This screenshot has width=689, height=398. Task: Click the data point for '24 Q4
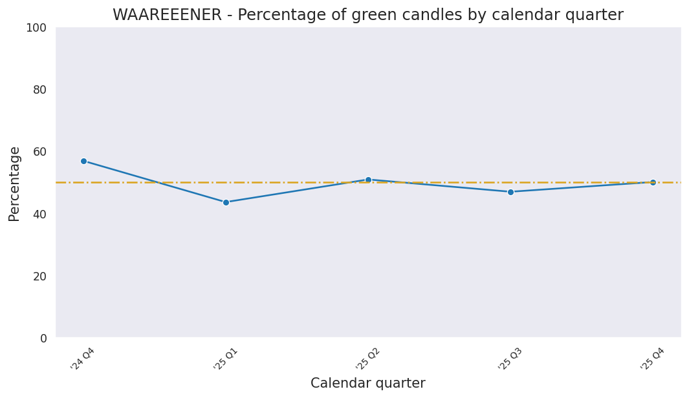tap(83, 161)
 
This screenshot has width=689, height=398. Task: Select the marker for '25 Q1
tap(226, 202)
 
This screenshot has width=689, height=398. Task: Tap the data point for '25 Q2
tap(368, 180)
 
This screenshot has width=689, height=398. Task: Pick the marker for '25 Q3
tap(510, 192)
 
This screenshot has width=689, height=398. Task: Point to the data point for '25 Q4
tap(653, 182)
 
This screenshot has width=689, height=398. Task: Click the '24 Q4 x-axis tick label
tap(83, 359)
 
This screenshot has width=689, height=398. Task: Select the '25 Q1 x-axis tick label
tap(226, 359)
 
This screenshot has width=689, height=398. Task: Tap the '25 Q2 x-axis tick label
tap(368, 359)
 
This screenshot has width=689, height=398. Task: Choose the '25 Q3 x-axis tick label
tap(510, 359)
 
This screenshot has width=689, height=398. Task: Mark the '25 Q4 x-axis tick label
tap(653, 359)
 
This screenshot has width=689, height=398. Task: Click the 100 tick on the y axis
tap(36, 27)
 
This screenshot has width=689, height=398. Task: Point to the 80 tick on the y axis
tap(40, 90)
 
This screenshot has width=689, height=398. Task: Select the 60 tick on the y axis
tap(40, 152)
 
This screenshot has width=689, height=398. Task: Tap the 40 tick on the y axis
tap(40, 214)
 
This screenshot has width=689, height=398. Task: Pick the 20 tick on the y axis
tap(40, 276)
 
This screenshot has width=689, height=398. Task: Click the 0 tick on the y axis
tap(43, 338)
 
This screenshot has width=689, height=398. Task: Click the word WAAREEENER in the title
tap(167, 16)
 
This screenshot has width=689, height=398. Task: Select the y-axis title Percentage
tap(15, 183)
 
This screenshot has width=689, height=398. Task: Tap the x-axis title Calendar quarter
tap(367, 383)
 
